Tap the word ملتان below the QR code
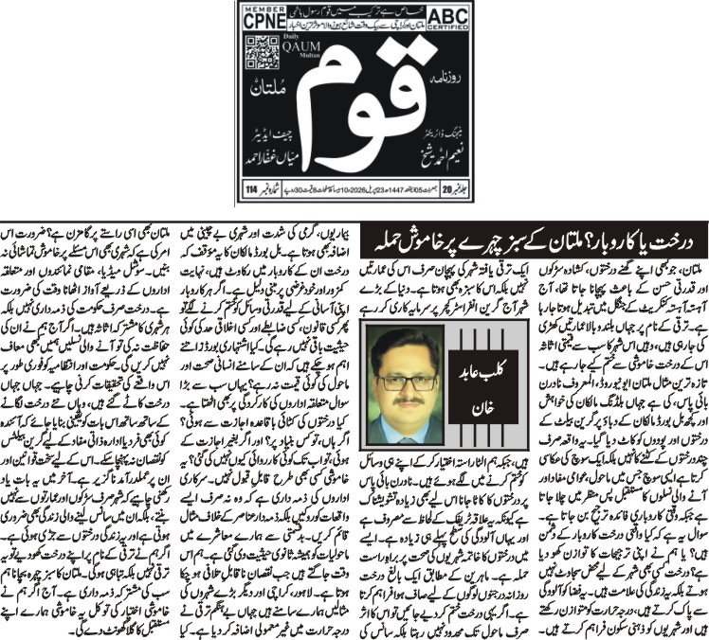(266, 90)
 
